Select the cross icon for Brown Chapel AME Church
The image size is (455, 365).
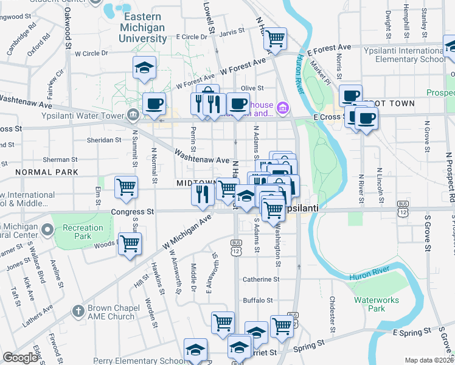tap(77, 311)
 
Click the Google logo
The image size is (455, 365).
tap(20, 358)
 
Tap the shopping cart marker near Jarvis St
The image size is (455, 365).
tap(276, 38)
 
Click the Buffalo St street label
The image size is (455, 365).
tap(258, 300)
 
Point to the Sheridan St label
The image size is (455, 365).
tap(105, 139)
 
